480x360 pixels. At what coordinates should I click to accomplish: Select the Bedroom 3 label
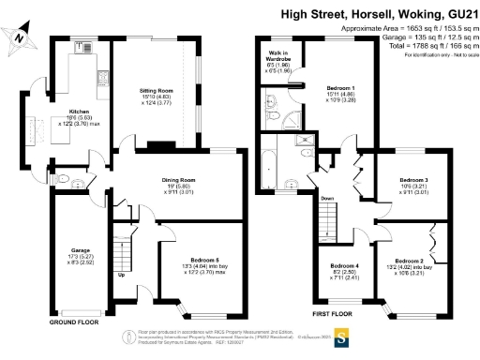coord(413,179)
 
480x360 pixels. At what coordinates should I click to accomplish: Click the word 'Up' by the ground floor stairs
coord(120,275)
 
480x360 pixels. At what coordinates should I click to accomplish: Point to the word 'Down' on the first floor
coord(326,199)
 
